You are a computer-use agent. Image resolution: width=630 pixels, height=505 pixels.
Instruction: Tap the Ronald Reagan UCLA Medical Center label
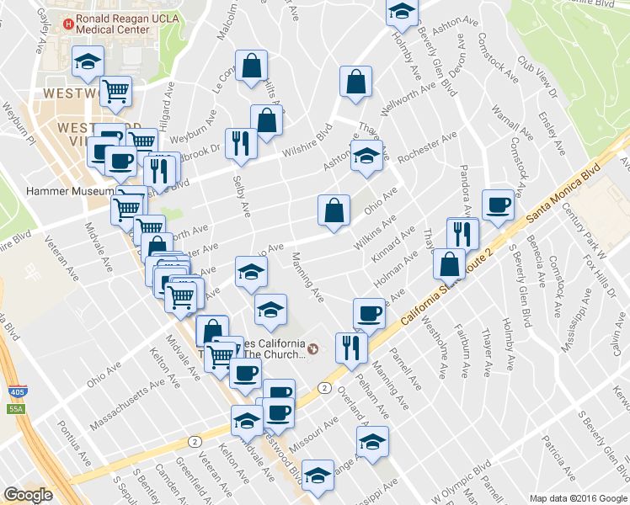tap(114, 23)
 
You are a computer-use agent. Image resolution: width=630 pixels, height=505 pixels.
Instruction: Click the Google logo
tap(28, 495)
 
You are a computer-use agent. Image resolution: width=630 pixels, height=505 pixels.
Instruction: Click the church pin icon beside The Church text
tap(313, 348)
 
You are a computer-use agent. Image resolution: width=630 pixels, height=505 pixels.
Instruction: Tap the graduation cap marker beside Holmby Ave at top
tap(402, 13)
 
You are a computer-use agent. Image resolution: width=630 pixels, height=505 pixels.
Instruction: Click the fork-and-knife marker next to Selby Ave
tap(241, 144)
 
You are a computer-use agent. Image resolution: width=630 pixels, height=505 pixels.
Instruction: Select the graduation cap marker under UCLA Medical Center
tap(87, 61)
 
